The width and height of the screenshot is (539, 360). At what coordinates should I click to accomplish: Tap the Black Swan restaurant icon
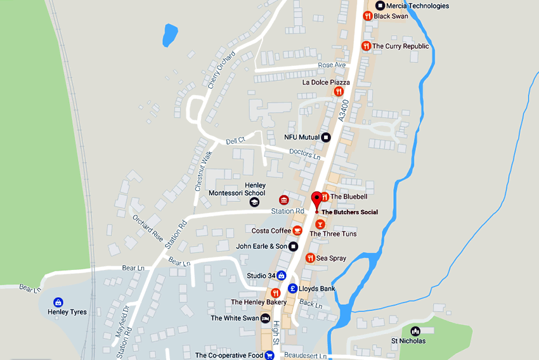click(x=367, y=16)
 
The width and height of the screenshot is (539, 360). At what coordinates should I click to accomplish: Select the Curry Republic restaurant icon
click(x=366, y=46)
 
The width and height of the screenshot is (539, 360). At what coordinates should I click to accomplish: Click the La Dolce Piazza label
click(x=326, y=82)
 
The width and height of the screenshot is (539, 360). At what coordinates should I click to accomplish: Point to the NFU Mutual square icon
click(x=326, y=137)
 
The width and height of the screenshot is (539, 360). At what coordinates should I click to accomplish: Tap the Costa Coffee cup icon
click(x=297, y=230)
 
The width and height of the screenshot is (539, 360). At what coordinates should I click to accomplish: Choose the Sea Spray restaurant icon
click(x=310, y=258)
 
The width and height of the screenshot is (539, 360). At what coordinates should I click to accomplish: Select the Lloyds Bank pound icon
click(x=293, y=288)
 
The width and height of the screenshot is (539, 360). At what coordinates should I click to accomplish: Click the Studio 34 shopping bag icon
click(x=281, y=275)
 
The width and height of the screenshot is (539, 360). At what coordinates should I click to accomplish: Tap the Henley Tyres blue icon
click(x=58, y=302)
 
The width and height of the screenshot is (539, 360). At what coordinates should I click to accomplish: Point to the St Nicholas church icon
click(x=415, y=331)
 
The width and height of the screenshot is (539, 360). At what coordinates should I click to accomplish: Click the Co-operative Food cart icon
click(x=269, y=356)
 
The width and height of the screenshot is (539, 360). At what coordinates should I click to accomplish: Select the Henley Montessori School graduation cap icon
click(x=254, y=202)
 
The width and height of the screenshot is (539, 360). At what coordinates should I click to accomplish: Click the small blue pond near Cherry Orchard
click(x=170, y=35)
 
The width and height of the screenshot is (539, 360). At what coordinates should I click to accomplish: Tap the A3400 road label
click(x=344, y=110)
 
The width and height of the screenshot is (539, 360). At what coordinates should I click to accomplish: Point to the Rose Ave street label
click(x=332, y=65)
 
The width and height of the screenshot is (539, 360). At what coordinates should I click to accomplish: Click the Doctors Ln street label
click(x=304, y=153)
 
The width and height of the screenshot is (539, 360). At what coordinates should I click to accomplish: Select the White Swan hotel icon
click(x=266, y=318)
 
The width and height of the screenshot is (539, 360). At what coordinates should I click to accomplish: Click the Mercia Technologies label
click(x=417, y=6)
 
